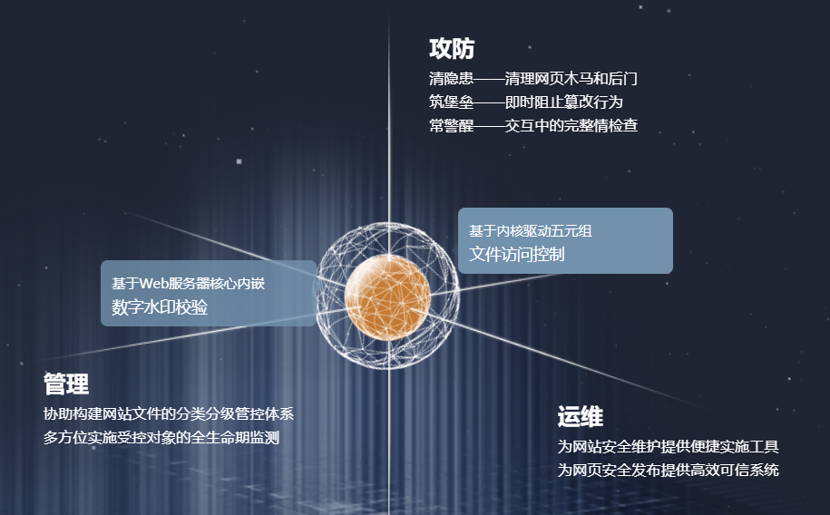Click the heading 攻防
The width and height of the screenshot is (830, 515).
[452, 49]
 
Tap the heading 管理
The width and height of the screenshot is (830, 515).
[66, 384]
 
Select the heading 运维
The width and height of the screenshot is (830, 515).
[581, 416]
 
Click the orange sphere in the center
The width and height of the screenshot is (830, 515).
[387, 297]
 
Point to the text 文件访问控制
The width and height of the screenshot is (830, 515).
[517, 254]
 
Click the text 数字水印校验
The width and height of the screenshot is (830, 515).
[160, 307]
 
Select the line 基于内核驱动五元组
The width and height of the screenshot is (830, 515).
[531, 231]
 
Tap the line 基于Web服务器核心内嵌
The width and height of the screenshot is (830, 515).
[188, 283]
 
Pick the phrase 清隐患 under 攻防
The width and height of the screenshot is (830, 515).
[451, 78]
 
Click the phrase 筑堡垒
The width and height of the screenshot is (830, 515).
[451, 102]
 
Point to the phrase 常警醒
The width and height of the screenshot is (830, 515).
[451, 125]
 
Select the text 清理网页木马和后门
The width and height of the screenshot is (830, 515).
[571, 78]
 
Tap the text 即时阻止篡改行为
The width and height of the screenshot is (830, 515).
[563, 102]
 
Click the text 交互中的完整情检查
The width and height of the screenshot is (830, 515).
[571, 125]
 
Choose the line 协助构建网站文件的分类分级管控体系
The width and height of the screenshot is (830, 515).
[169, 413]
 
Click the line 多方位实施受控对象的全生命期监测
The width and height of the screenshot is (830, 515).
[161, 437]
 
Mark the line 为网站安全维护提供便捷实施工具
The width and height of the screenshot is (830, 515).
[668, 446]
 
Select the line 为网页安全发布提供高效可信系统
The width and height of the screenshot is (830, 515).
[668, 470]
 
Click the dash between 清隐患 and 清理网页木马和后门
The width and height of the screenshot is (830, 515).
[489, 79]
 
